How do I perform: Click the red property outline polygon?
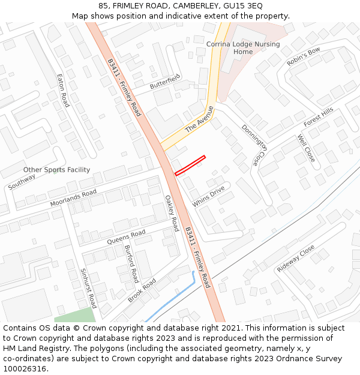click(190, 166)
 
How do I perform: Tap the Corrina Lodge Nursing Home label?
click(243, 48)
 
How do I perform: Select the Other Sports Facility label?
click(56, 170)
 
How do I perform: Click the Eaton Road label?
click(63, 91)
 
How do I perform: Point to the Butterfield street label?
click(165, 82)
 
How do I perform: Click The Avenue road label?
click(199, 119)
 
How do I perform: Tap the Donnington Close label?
click(254, 145)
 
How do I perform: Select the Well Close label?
click(306, 148)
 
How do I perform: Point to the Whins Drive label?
click(208, 197)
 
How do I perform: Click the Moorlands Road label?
click(73, 198)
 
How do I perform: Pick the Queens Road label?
click(126, 237)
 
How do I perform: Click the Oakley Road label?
click(172, 214)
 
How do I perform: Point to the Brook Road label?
click(142, 290)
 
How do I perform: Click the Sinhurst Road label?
click(88, 288)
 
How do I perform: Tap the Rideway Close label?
click(296, 259)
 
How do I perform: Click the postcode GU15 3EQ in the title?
click(242, 5)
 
